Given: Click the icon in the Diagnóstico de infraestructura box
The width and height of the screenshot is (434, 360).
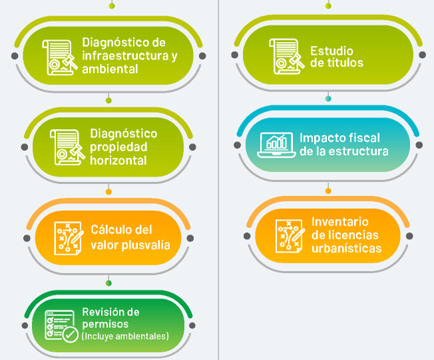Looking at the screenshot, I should (59, 56).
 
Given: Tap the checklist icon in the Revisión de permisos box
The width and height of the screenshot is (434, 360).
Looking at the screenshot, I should (61, 325).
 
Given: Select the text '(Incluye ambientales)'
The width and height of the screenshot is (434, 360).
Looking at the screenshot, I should (125, 336).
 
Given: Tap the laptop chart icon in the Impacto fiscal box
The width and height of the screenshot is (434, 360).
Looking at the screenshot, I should (276, 144).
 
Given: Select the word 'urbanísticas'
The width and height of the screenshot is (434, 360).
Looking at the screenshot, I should (347, 248).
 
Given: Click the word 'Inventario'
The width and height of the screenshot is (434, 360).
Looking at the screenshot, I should (340, 221).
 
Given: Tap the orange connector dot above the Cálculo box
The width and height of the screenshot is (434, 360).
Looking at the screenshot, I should (108, 192).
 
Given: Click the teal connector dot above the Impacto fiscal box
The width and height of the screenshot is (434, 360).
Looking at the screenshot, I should (328, 99).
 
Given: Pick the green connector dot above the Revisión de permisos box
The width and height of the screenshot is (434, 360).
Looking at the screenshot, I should (108, 283).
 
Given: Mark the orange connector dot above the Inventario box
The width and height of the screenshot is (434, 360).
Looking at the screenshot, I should (328, 191).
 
